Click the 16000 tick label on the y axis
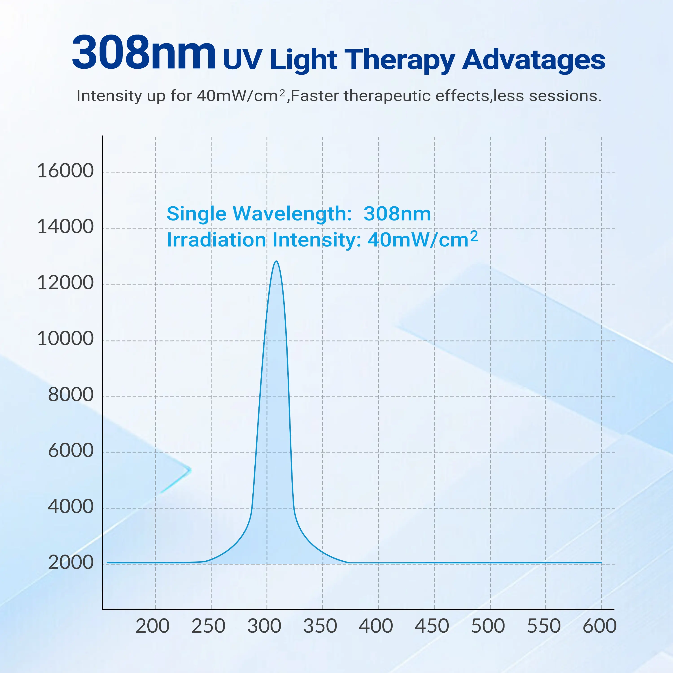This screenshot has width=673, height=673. click(65, 171)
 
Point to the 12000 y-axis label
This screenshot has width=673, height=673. click(65, 283)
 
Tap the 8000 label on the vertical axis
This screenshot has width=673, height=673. click(70, 395)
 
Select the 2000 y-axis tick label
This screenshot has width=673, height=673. click(70, 563)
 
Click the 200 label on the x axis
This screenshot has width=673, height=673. click(153, 626)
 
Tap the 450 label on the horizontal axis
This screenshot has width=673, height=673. click(432, 626)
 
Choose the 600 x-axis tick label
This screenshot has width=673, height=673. click(599, 626)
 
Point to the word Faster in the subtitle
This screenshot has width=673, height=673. click(314, 96)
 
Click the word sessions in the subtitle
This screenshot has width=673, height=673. click(565, 96)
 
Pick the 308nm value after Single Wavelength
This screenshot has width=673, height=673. click(397, 214)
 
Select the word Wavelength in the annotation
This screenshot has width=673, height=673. click(292, 214)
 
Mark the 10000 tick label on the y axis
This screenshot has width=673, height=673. click(65, 339)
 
